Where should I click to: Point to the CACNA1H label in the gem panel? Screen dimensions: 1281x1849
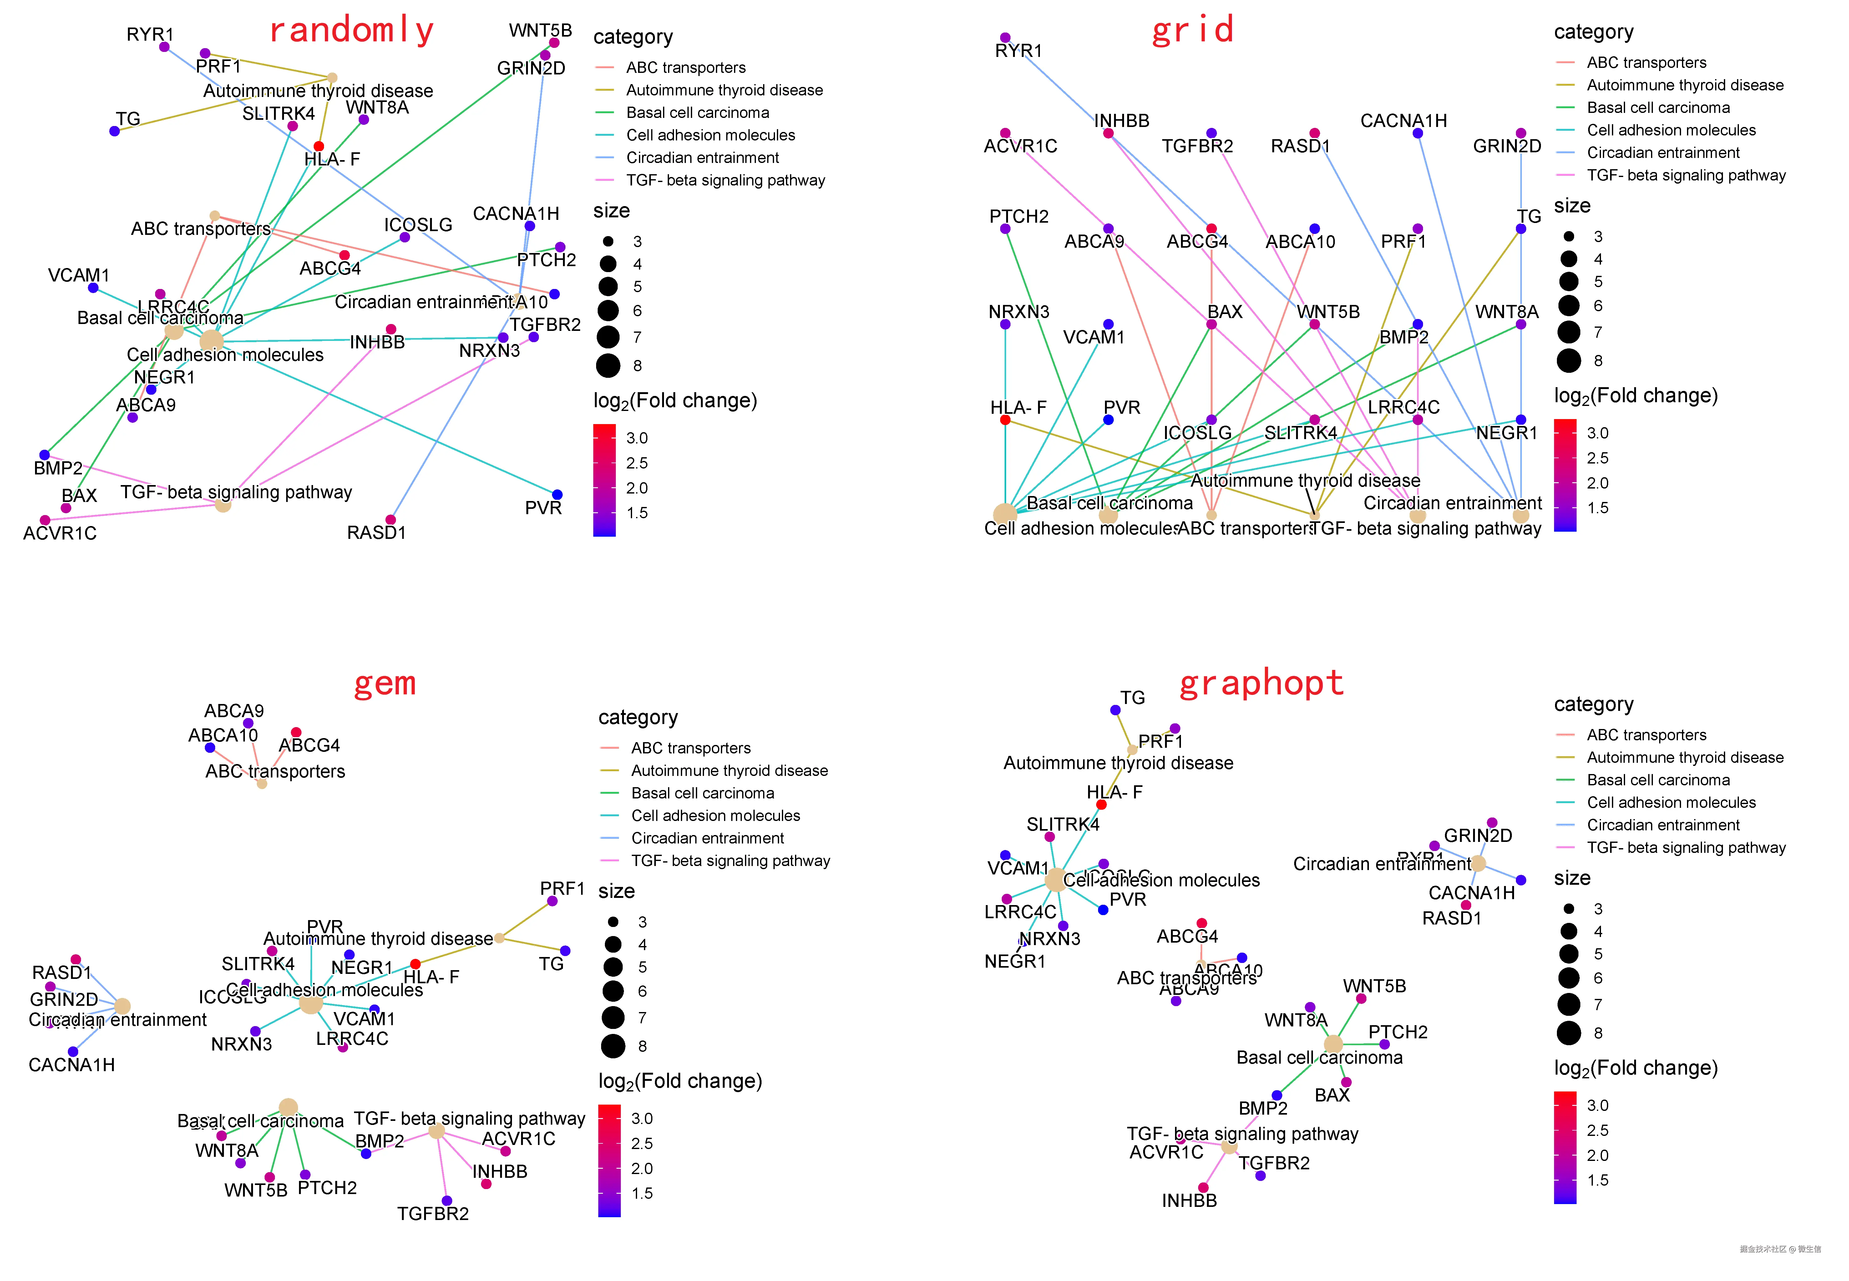(71, 1065)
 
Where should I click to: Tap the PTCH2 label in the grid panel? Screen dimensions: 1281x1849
(1018, 217)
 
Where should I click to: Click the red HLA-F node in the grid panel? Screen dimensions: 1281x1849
(1005, 420)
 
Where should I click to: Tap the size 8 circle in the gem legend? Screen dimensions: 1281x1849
(613, 1046)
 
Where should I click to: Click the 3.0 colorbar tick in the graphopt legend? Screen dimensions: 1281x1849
(1597, 1105)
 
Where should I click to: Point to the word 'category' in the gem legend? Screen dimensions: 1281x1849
(638, 717)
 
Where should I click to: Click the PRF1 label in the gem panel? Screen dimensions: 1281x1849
(562, 889)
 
